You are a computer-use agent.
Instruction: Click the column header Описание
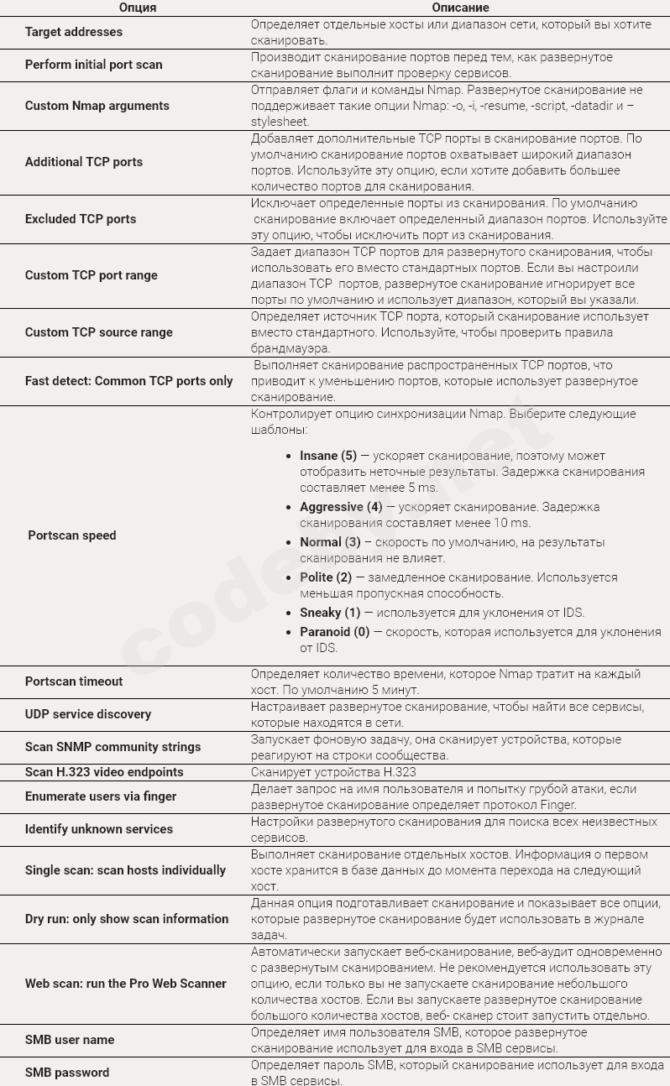460,8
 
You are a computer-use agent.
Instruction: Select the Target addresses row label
74,32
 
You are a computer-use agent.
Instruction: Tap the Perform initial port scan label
94,65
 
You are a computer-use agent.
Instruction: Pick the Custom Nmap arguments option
97,106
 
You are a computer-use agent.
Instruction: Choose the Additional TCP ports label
84,162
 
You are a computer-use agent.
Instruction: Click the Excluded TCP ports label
81,219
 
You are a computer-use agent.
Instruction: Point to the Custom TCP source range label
99,332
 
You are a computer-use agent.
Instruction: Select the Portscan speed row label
72,535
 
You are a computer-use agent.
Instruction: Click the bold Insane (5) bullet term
328,456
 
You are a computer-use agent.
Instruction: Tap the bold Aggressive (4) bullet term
341,507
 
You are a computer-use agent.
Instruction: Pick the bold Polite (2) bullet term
326,577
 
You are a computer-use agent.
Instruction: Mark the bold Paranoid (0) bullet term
334,632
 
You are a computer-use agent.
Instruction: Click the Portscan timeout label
74,681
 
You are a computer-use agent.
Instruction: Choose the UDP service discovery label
88,714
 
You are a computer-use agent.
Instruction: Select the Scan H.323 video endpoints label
104,772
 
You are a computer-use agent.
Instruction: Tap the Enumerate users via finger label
101,796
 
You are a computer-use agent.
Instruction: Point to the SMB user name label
70,1040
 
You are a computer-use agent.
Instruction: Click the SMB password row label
67,1073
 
